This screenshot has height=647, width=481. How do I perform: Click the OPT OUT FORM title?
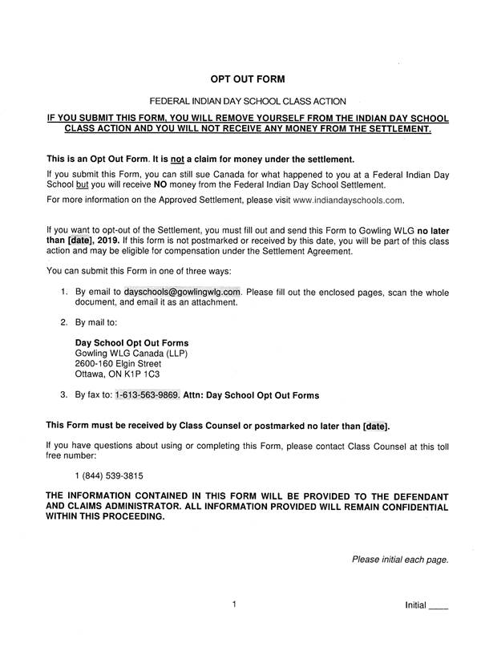point(247,79)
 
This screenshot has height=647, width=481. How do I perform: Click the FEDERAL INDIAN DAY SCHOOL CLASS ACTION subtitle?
point(248,101)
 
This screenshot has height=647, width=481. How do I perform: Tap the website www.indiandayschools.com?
point(347,200)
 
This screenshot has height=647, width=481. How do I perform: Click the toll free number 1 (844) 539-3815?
point(108,475)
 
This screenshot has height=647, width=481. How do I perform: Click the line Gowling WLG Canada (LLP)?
point(131,353)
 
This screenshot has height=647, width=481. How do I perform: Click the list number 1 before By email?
point(63,292)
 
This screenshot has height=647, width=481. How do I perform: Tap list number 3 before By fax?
point(63,395)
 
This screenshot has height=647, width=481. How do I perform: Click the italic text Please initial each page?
point(400,560)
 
